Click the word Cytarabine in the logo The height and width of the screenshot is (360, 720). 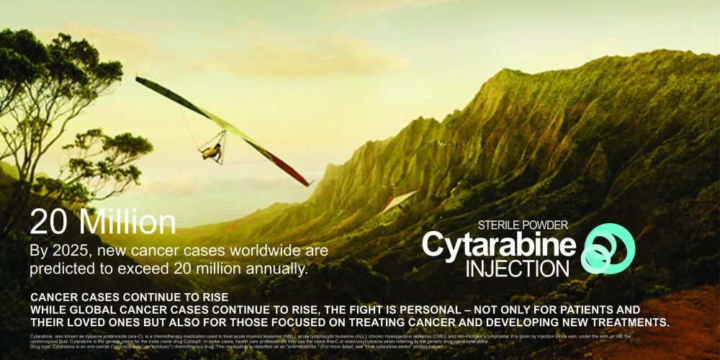tap(498, 245)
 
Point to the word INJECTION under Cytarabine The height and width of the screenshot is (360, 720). tap(517, 268)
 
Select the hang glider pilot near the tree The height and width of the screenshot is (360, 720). tap(211, 150)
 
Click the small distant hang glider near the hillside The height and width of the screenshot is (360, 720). tap(398, 201)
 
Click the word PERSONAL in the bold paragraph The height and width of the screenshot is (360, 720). tap(405, 309)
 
